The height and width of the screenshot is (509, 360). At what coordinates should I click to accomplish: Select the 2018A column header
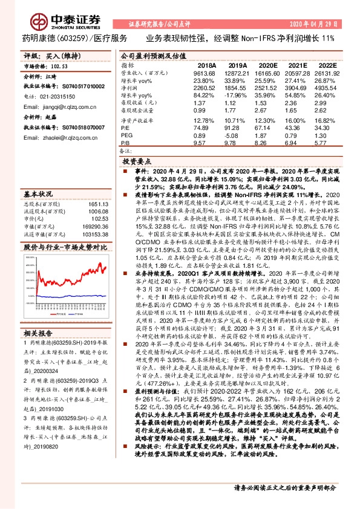click(207, 65)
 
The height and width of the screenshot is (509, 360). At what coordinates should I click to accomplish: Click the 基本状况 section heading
click(37, 195)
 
